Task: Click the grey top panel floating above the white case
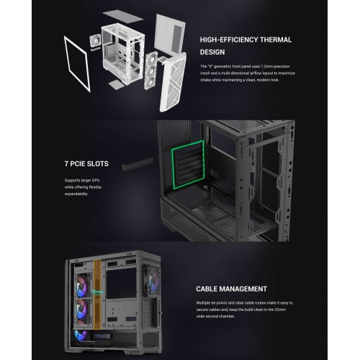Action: click(174, 22)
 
